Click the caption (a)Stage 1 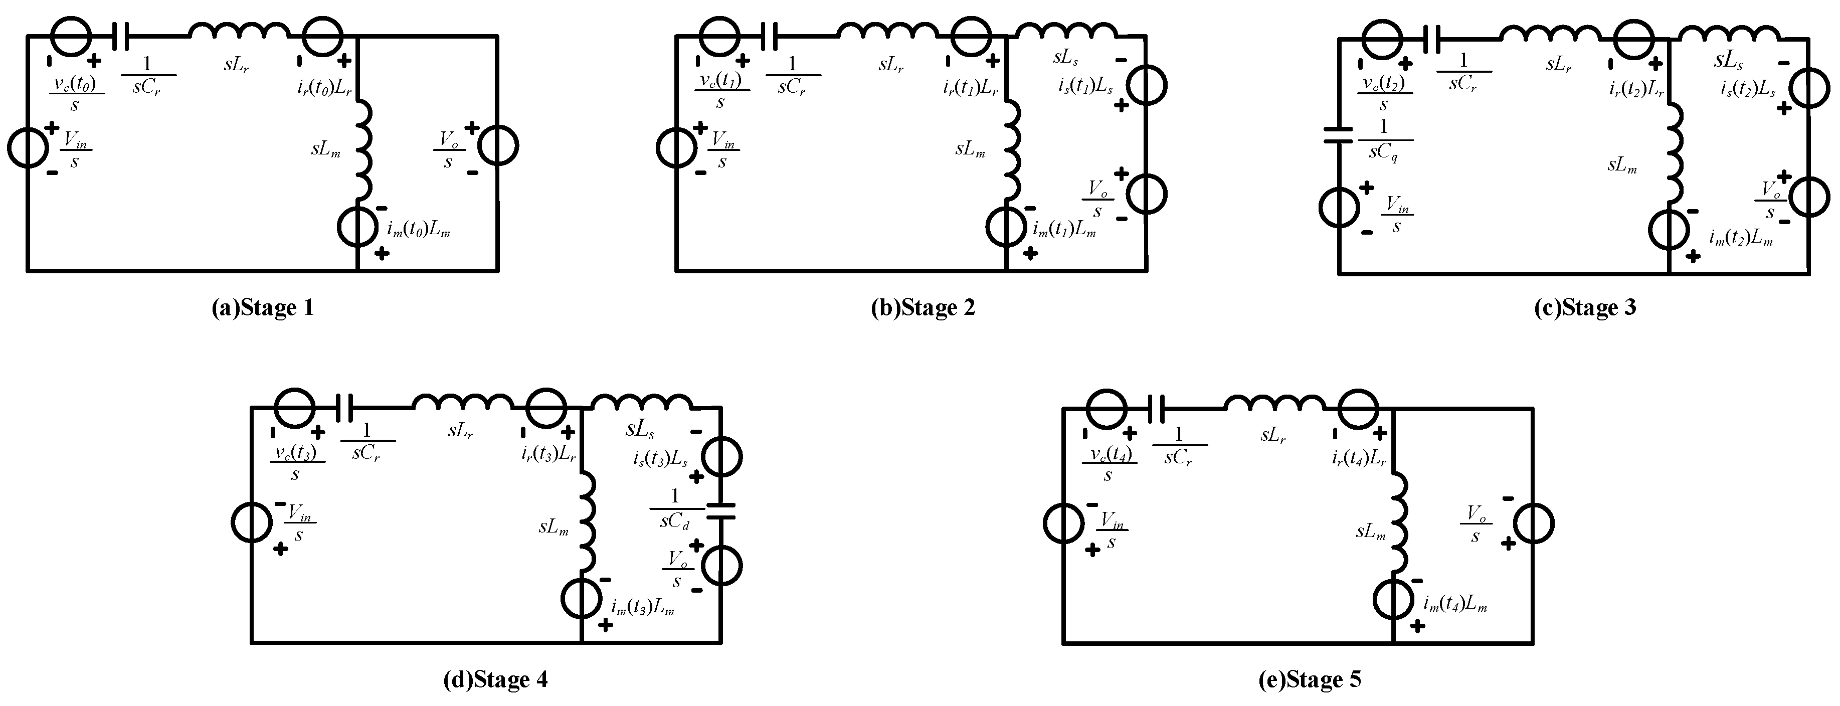pos(263,308)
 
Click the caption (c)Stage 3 pos(1584,308)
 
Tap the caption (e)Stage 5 pos(1309,679)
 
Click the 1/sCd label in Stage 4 pos(674,509)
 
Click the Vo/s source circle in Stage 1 pos(498,146)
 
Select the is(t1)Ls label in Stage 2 pos(1086,86)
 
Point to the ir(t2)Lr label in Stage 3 pos(1636,89)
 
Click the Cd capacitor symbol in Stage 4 pos(721,510)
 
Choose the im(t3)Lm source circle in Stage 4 pos(582,598)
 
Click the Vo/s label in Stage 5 pos(1475,524)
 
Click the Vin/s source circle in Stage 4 pos(251,522)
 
